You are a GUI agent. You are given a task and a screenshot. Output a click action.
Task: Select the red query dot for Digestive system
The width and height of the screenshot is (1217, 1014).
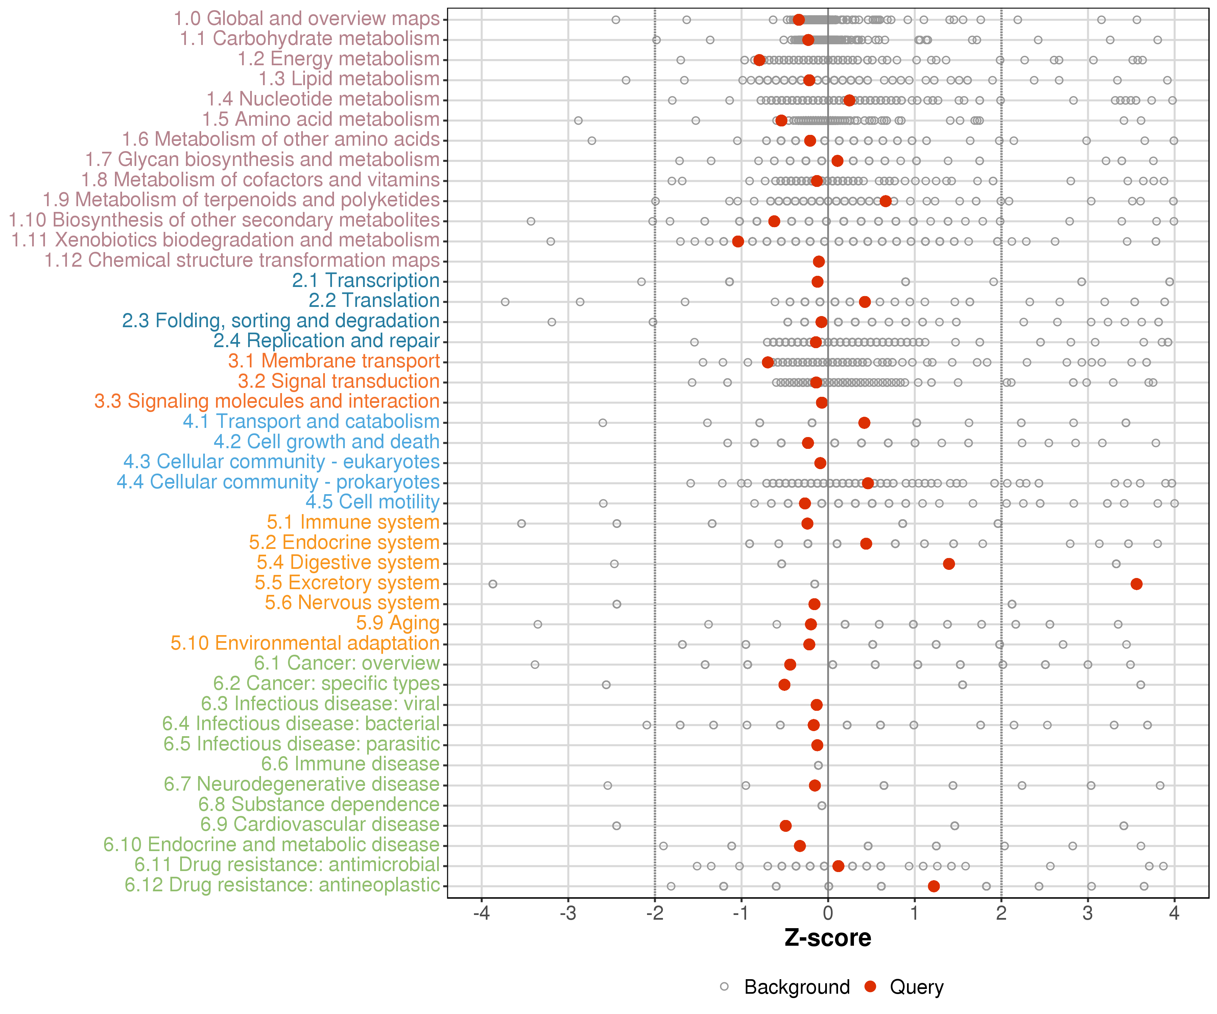(x=949, y=564)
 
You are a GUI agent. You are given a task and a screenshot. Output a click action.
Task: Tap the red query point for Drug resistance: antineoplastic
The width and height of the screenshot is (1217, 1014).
(x=934, y=886)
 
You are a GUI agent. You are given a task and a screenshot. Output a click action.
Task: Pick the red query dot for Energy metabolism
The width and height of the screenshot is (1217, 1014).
(x=759, y=60)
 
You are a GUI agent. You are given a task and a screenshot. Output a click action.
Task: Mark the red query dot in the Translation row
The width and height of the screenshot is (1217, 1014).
(x=865, y=302)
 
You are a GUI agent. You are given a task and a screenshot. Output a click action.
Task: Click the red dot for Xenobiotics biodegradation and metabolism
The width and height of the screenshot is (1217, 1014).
(x=738, y=241)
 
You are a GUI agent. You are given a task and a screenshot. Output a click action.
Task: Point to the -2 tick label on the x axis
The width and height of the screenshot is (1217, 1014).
(x=654, y=914)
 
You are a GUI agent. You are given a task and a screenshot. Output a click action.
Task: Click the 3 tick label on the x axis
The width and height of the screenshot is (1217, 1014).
(x=1088, y=914)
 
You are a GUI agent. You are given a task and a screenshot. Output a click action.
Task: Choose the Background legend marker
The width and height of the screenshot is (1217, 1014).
(x=724, y=987)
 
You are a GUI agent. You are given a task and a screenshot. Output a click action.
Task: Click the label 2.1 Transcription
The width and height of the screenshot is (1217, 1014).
(x=366, y=281)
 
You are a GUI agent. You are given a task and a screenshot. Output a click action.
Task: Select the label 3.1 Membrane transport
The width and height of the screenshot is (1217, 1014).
(x=334, y=361)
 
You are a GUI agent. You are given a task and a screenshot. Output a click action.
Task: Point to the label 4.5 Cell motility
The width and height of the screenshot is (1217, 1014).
(x=373, y=502)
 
